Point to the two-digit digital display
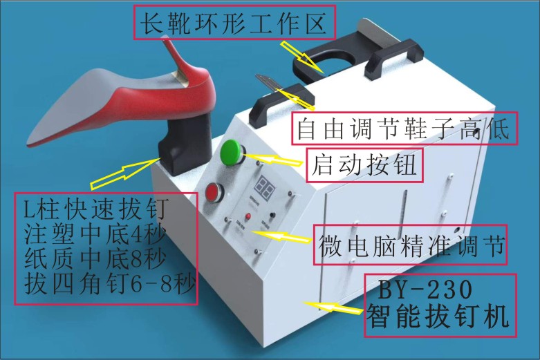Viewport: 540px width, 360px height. (x=265, y=187)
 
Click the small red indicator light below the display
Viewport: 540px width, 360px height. (x=248, y=217)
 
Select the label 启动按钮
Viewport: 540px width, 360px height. (x=364, y=165)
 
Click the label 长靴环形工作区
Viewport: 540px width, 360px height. (x=234, y=23)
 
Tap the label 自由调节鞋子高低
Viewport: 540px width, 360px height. (x=403, y=129)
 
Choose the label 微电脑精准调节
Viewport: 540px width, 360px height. (x=411, y=245)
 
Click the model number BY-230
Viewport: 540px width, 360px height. (x=426, y=290)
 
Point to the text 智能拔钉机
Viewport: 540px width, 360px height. (x=438, y=316)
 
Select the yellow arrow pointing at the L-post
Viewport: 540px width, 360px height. (x=124, y=173)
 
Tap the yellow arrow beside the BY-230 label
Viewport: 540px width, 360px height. (x=333, y=307)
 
